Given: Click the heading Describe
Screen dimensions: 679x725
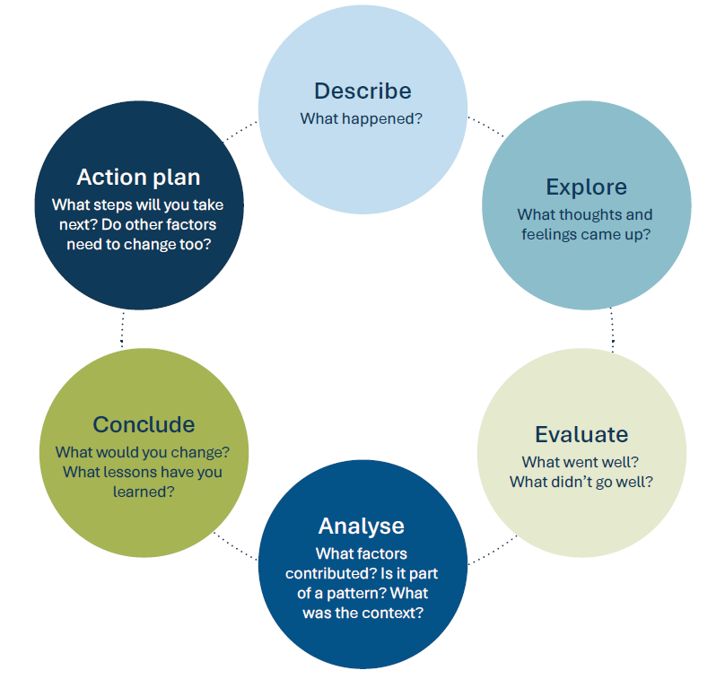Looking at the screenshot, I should pyautogui.click(x=362, y=91).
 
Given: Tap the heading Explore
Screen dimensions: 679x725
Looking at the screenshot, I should pyautogui.click(x=586, y=187).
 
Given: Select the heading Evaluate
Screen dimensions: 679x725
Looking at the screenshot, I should pyautogui.click(x=581, y=435).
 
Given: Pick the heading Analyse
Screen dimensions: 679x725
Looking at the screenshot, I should pyautogui.click(x=362, y=526).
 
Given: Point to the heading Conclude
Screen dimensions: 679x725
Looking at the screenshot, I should pyautogui.click(x=144, y=424).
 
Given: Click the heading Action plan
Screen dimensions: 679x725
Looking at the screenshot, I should pyautogui.click(x=138, y=177).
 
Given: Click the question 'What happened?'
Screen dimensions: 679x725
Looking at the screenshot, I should pyautogui.click(x=362, y=118).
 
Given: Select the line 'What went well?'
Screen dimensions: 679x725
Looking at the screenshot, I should pyautogui.click(x=581, y=463).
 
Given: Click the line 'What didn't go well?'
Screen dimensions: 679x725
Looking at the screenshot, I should pyautogui.click(x=581, y=482).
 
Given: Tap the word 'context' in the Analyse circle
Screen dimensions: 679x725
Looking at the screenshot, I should pyautogui.click(x=392, y=614).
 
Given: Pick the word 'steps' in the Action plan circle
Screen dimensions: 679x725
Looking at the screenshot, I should pyautogui.click(x=110, y=205).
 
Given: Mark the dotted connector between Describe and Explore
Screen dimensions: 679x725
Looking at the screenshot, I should pyautogui.click(x=485, y=125).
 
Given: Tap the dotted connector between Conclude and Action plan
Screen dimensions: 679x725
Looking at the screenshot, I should pyautogui.click(x=122, y=330).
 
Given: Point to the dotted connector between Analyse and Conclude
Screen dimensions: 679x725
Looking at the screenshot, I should pyautogui.click(x=237, y=548).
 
